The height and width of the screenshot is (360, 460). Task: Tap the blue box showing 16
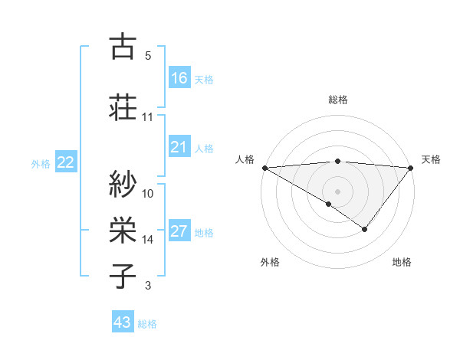179,77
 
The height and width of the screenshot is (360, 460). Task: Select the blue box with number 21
179,147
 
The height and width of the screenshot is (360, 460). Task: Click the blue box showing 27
179,231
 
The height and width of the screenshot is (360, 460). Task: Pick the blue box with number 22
66,162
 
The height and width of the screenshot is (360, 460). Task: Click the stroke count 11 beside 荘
148,117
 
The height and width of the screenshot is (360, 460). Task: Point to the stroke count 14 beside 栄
148,240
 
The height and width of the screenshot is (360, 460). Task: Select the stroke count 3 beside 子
148,286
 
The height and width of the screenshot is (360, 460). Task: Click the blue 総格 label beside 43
147,324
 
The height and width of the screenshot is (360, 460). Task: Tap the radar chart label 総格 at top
337,100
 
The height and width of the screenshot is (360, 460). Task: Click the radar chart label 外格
270,262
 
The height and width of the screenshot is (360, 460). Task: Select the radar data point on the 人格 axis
264,168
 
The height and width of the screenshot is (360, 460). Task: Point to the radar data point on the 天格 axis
412,168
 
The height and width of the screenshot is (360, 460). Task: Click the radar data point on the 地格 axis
365,229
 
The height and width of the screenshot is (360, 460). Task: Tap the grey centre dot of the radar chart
337,191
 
